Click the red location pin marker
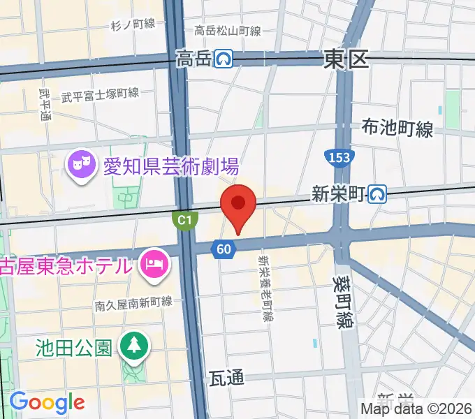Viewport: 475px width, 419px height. [x=238, y=205]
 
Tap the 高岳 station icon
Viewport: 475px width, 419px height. [x=224, y=60]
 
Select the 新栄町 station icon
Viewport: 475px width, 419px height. [x=379, y=194]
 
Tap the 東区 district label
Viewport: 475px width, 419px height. [x=346, y=61]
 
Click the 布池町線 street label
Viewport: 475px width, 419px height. [x=397, y=128]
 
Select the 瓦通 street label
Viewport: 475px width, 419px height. [x=227, y=378]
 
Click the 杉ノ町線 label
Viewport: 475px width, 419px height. [x=133, y=24]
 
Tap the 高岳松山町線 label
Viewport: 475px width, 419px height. [x=228, y=31]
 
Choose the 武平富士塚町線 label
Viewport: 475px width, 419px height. [x=100, y=94]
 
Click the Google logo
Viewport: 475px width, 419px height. [x=47, y=402]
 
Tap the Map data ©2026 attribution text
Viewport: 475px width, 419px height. [x=416, y=409]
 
